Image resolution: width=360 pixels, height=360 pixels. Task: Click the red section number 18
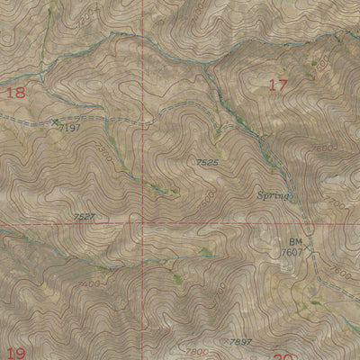pos(15,92)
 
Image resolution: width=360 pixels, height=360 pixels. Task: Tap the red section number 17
pos(278,85)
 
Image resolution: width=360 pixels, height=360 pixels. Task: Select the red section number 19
pos(15,353)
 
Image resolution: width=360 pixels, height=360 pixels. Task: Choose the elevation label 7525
pos(208,162)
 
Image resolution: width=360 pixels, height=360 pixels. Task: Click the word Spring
pos(273,195)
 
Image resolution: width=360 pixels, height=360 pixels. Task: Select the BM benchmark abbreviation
pos(295,242)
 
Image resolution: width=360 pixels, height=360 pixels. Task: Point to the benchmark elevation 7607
pos(292,253)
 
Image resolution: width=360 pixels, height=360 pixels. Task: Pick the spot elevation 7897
pos(239,342)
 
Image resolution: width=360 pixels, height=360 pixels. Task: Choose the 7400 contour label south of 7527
pos(89,284)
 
